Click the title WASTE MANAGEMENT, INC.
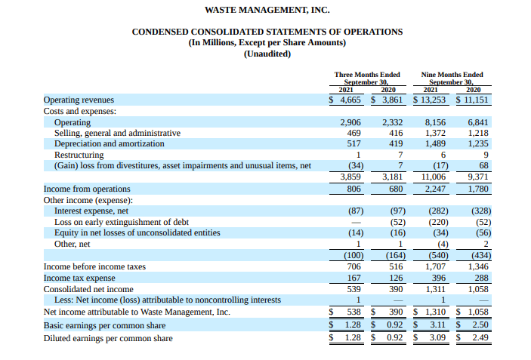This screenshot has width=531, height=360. (x=267, y=10)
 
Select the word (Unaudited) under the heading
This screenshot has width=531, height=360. (x=267, y=54)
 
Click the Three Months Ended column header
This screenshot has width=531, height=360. (x=366, y=75)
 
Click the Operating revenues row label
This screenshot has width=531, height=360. (x=79, y=100)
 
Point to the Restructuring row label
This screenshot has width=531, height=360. (x=79, y=155)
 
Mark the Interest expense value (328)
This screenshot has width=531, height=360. (x=481, y=211)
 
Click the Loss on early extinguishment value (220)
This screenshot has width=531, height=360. (x=439, y=222)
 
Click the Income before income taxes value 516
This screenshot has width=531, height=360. (x=396, y=266)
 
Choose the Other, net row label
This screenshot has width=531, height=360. (x=72, y=244)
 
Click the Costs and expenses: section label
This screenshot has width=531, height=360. (x=79, y=111)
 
